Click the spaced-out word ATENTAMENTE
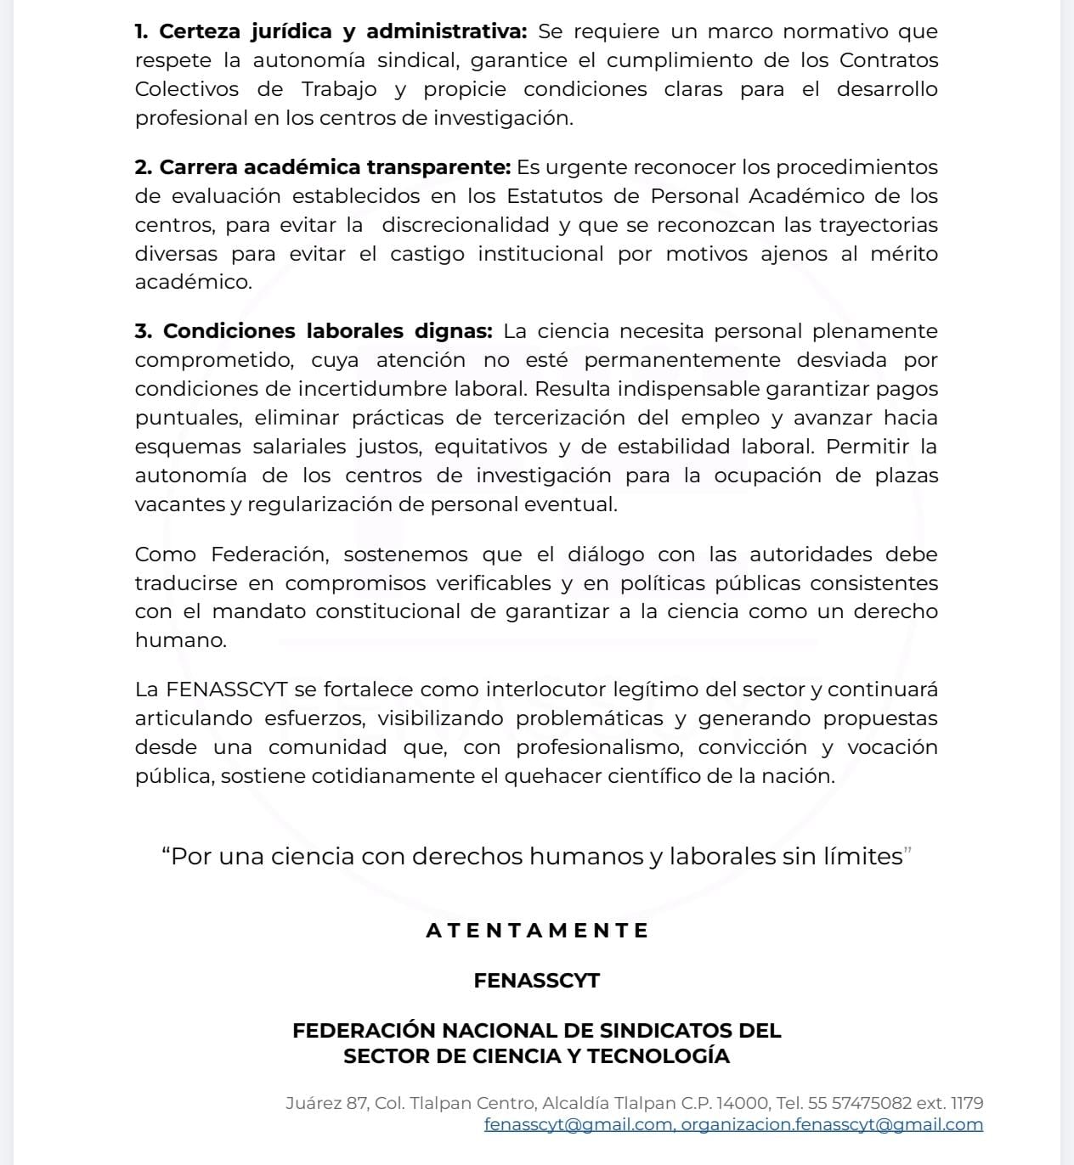click(537, 931)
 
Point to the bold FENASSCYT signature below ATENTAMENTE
click(537, 981)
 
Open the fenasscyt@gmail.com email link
click(579, 1125)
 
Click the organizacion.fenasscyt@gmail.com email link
click(832, 1125)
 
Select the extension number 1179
click(967, 1104)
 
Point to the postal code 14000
click(743, 1104)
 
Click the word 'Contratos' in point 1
click(889, 61)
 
